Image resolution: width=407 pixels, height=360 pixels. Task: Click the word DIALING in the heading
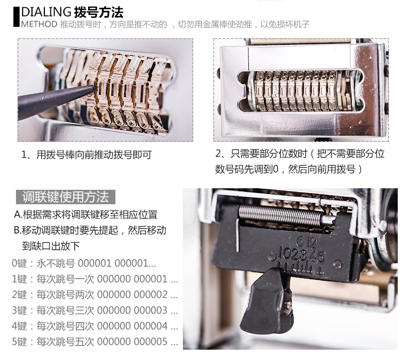pyautogui.click(x=46, y=12)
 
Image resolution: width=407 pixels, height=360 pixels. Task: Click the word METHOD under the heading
pyautogui.click(x=39, y=24)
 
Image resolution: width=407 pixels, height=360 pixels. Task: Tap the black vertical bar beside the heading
pyautogui.click(x=16, y=17)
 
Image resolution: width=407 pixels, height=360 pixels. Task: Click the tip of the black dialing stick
pyautogui.click(x=95, y=88)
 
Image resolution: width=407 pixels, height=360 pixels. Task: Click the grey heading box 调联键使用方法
pyautogui.click(x=65, y=197)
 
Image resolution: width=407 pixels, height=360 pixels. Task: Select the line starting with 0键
pyautogui.click(x=84, y=264)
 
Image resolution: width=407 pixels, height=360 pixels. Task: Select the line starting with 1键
pyautogui.click(x=95, y=279)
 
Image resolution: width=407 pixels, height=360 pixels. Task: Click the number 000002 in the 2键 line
pyautogui.click(x=150, y=295)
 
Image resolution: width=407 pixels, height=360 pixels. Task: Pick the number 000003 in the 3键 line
pyautogui.click(x=150, y=310)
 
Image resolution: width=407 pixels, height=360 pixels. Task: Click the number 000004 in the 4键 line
pyautogui.click(x=150, y=326)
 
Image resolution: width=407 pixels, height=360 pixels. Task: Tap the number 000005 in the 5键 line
pyautogui.click(x=150, y=341)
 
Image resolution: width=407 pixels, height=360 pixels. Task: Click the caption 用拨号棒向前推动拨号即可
pyautogui.click(x=94, y=155)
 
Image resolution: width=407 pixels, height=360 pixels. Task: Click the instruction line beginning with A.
pyautogui.click(x=86, y=215)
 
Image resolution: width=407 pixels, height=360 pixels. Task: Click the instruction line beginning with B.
pyautogui.click(x=90, y=231)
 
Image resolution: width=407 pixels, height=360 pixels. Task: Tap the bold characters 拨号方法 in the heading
pyautogui.click(x=98, y=12)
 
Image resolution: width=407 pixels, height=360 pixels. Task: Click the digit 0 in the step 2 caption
pyautogui.click(x=276, y=169)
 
